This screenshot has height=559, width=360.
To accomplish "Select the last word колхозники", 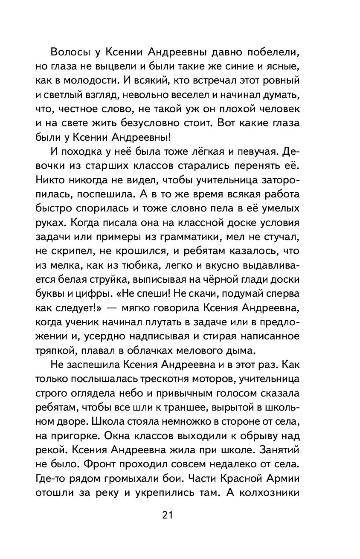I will pos(291,491).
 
